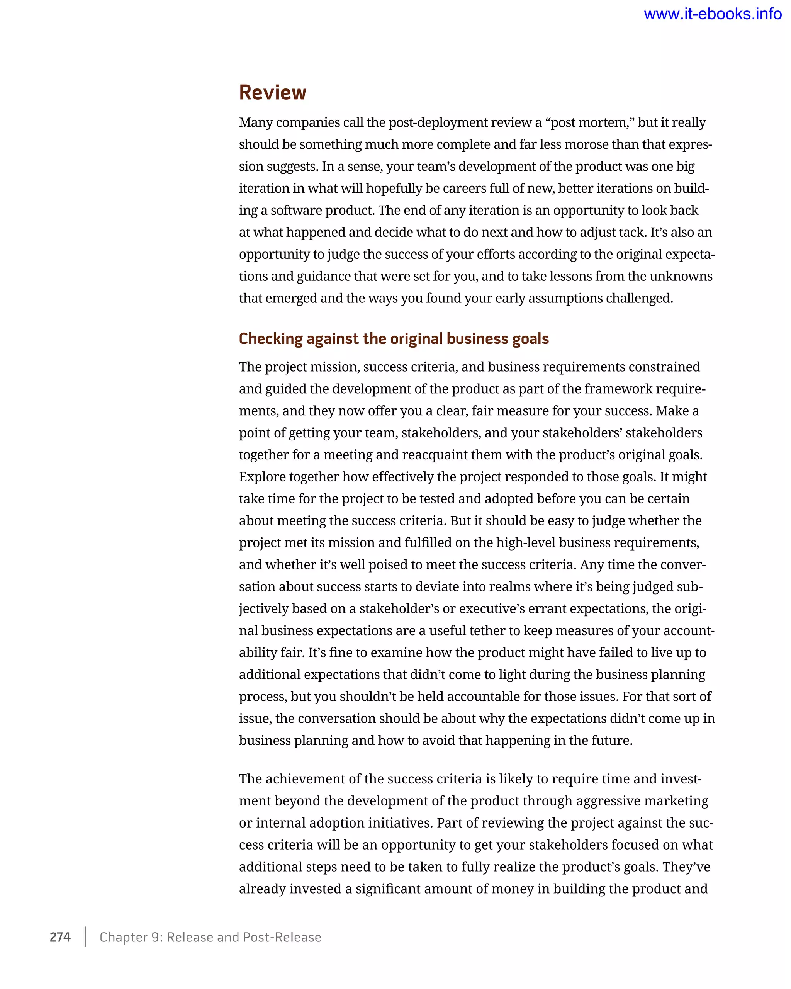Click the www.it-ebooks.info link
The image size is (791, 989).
pos(712,14)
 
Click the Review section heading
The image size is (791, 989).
pos(272,93)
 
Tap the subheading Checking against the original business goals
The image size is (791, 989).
pos(394,338)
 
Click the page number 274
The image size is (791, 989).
pos(60,937)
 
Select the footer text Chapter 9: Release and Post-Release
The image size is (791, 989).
pos(210,937)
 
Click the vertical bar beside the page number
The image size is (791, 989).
pos(85,937)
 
